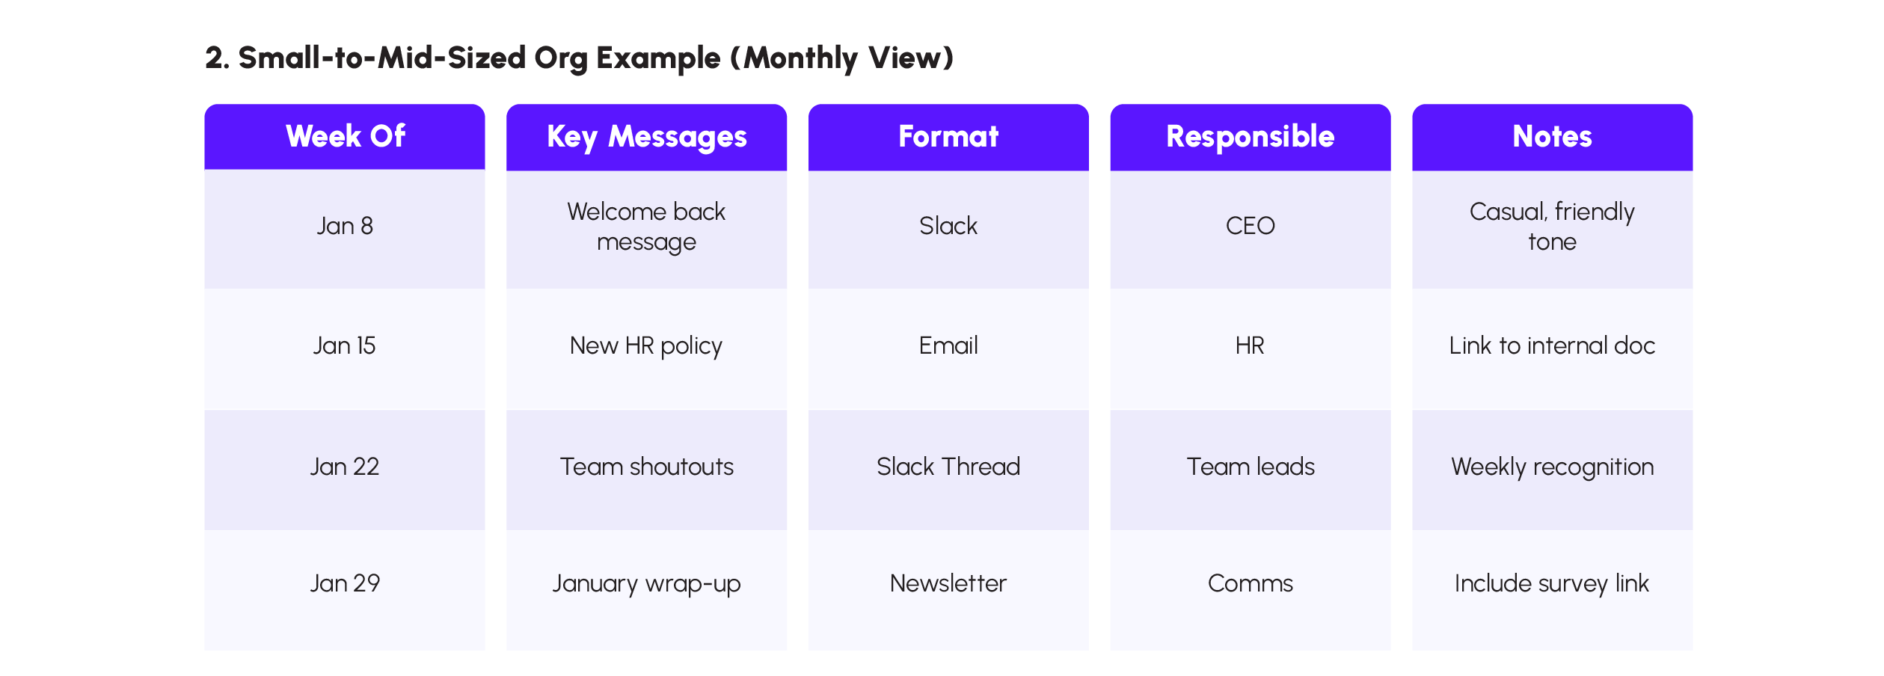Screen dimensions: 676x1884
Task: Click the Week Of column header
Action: pos(345,137)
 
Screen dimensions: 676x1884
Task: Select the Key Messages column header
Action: pos(646,137)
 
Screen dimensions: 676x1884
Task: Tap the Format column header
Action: pos(948,137)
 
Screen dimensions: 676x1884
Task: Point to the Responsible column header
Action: pos(1250,137)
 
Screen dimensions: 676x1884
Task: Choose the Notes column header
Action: pos(1552,137)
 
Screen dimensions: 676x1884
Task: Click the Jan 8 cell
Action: pos(345,226)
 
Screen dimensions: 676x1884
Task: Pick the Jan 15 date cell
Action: pos(345,345)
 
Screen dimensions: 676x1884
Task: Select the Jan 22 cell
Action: pos(345,467)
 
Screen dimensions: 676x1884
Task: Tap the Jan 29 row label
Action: pos(345,583)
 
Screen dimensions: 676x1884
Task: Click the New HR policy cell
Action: pos(646,345)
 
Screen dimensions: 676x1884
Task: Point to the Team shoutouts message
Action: pos(646,467)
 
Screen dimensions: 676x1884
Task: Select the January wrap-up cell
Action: pos(646,583)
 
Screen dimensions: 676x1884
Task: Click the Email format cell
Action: pos(948,345)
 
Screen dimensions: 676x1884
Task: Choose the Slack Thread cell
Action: pos(948,467)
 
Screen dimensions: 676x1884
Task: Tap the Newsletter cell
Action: pos(948,583)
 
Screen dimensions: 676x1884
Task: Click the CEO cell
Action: pos(1250,226)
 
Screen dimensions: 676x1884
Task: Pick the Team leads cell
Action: pos(1250,467)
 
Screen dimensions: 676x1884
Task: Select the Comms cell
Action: pos(1250,583)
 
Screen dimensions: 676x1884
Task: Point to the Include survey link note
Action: pos(1552,583)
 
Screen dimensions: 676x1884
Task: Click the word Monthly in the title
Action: pos(800,58)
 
